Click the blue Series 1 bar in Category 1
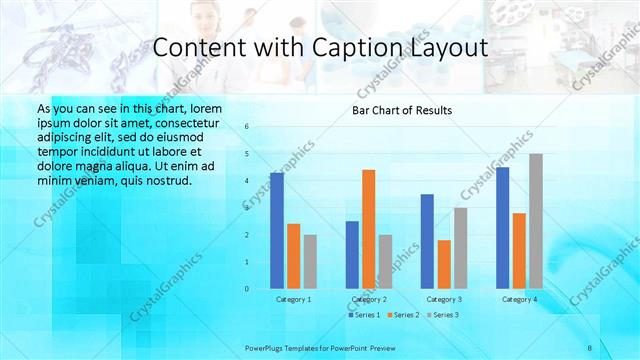[x=277, y=231]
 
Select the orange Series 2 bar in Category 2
[x=369, y=229]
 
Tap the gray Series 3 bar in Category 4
[x=536, y=221]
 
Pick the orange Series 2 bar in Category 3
[x=444, y=264]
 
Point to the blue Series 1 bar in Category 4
[x=503, y=228]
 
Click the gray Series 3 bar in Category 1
[x=310, y=262]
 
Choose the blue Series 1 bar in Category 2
[x=352, y=255]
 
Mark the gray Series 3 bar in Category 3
[x=461, y=248]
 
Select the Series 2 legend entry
[x=402, y=315]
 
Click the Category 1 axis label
[x=293, y=299]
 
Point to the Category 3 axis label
[x=444, y=299]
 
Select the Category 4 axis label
[x=519, y=299]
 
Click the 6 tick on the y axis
[x=247, y=127]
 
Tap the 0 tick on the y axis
[x=247, y=289]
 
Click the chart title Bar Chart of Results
[x=402, y=110]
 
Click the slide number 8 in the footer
[x=590, y=347]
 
